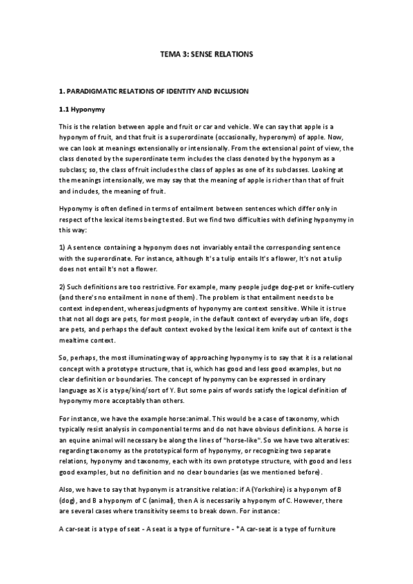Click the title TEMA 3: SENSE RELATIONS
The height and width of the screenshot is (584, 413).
click(x=206, y=53)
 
